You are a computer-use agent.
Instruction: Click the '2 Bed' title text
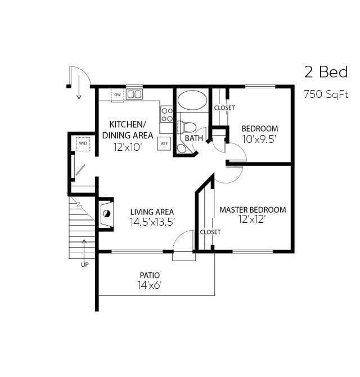[x=326, y=72]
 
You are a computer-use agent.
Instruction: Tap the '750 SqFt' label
[x=326, y=94]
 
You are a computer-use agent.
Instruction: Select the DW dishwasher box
[x=117, y=95]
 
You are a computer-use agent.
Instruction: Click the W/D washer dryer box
[x=83, y=143]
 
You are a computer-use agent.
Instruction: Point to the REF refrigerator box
[x=164, y=143]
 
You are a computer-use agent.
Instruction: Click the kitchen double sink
[x=134, y=94]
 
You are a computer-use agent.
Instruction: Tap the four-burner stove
[x=166, y=114]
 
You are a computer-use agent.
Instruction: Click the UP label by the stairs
[x=84, y=264]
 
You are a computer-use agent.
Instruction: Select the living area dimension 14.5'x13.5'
[x=152, y=222]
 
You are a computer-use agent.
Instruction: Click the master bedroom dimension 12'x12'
[x=251, y=219]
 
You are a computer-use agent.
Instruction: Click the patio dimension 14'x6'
[x=150, y=285]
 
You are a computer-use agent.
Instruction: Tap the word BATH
[x=193, y=138]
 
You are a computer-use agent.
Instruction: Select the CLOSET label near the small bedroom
[x=224, y=107]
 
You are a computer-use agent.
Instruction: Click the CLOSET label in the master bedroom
[x=210, y=232]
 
